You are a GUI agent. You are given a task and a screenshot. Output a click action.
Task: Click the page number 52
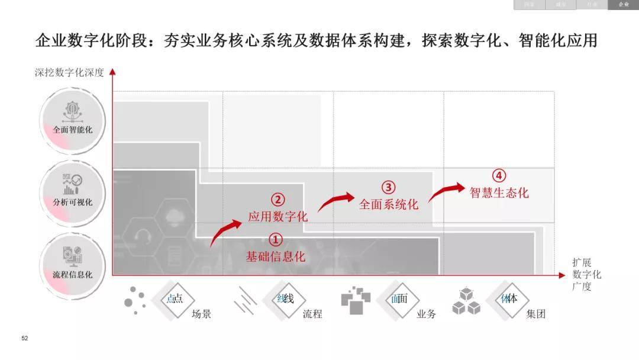point(24,339)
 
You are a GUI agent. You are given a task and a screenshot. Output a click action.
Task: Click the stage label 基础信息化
point(276,256)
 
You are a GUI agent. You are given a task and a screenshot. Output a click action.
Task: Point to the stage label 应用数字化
point(278,216)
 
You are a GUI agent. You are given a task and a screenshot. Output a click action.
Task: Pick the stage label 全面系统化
point(389,204)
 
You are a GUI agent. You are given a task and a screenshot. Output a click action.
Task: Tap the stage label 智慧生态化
point(499,192)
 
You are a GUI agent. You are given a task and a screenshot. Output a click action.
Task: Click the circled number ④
point(499,176)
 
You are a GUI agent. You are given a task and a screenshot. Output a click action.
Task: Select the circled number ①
point(276,240)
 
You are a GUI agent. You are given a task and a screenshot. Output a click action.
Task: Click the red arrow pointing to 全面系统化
point(336,201)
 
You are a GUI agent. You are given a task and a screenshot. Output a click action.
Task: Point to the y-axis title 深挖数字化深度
point(69,73)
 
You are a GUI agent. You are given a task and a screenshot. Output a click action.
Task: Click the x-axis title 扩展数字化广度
point(586,275)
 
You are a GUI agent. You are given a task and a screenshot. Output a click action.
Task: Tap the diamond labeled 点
point(175,299)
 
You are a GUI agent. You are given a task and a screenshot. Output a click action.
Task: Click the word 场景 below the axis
point(201,314)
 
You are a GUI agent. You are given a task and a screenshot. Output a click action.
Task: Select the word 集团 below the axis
point(535,314)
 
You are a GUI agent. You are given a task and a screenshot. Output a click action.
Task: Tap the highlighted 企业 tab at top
point(624,5)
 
